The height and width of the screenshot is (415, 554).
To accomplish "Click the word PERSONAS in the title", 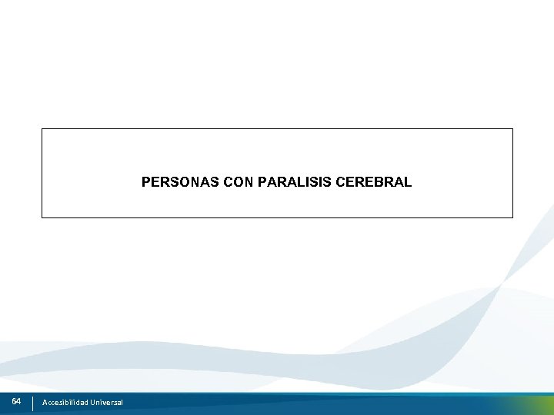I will click(x=173, y=182).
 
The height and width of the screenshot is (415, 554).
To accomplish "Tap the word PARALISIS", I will click(x=295, y=182).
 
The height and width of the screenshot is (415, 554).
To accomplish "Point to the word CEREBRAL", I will click(x=373, y=182).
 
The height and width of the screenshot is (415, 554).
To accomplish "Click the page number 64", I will click(x=16, y=402).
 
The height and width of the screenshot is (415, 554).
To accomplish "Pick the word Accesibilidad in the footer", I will click(x=65, y=403).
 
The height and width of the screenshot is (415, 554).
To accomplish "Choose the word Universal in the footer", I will click(x=106, y=403).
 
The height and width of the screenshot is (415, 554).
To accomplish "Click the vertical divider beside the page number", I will click(x=33, y=403).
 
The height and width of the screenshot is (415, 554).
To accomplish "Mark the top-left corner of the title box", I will click(x=42, y=129).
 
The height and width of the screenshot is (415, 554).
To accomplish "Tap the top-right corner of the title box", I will click(x=512, y=129).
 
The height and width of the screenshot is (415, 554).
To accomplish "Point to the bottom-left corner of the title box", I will click(x=42, y=217).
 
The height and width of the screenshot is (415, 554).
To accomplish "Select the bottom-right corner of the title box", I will click(x=512, y=217).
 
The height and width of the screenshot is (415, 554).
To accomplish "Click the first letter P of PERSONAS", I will click(x=146, y=182).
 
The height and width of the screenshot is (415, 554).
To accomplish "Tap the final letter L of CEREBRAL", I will click(x=408, y=182).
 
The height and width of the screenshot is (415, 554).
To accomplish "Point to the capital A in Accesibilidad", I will click(x=45, y=403).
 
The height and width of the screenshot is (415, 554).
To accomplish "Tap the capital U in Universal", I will click(x=92, y=403).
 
